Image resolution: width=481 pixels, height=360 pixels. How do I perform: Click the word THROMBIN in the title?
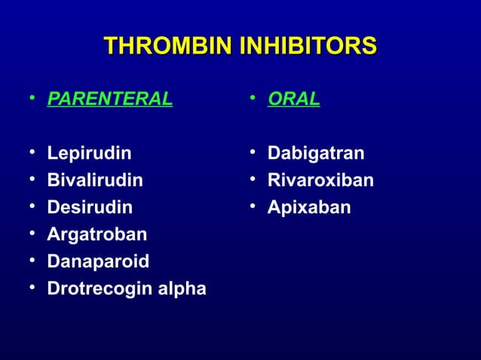(167, 46)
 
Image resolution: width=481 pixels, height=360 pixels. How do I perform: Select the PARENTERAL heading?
(109, 99)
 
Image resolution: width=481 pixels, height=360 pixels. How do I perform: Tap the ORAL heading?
(293, 99)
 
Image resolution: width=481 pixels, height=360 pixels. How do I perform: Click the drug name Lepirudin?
(89, 154)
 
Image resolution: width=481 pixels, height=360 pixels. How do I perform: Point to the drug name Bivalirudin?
(95, 181)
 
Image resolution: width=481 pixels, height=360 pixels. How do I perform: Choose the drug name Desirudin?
(90, 207)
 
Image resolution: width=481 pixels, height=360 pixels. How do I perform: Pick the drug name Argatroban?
(97, 234)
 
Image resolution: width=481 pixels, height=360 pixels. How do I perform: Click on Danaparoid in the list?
(98, 261)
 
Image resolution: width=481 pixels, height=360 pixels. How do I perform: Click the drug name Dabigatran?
(316, 154)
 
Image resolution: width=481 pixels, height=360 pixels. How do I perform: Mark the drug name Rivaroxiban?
(320, 181)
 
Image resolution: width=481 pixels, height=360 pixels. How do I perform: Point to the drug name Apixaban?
(309, 207)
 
